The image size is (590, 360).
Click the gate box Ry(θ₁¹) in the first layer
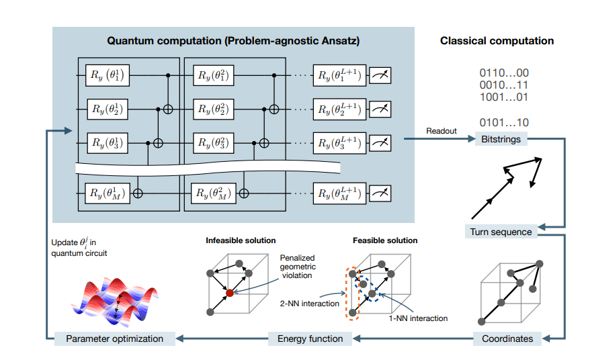pyautogui.click(x=108, y=75)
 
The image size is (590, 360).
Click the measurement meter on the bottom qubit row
pyautogui.click(x=381, y=193)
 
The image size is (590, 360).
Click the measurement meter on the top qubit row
pyautogui.click(x=381, y=76)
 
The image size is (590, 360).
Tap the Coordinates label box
pyautogui.click(x=507, y=339)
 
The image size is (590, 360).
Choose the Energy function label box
pyautogui.click(x=310, y=339)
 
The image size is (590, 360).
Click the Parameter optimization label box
pyautogui.click(x=114, y=339)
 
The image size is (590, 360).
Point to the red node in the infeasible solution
pyautogui.click(x=230, y=292)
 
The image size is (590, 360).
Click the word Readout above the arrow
pyautogui.click(x=441, y=131)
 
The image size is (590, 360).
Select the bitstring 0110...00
pyautogui.click(x=503, y=73)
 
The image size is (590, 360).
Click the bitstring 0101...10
pyautogui.click(x=503, y=122)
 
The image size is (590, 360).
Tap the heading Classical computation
pyautogui.click(x=497, y=41)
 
